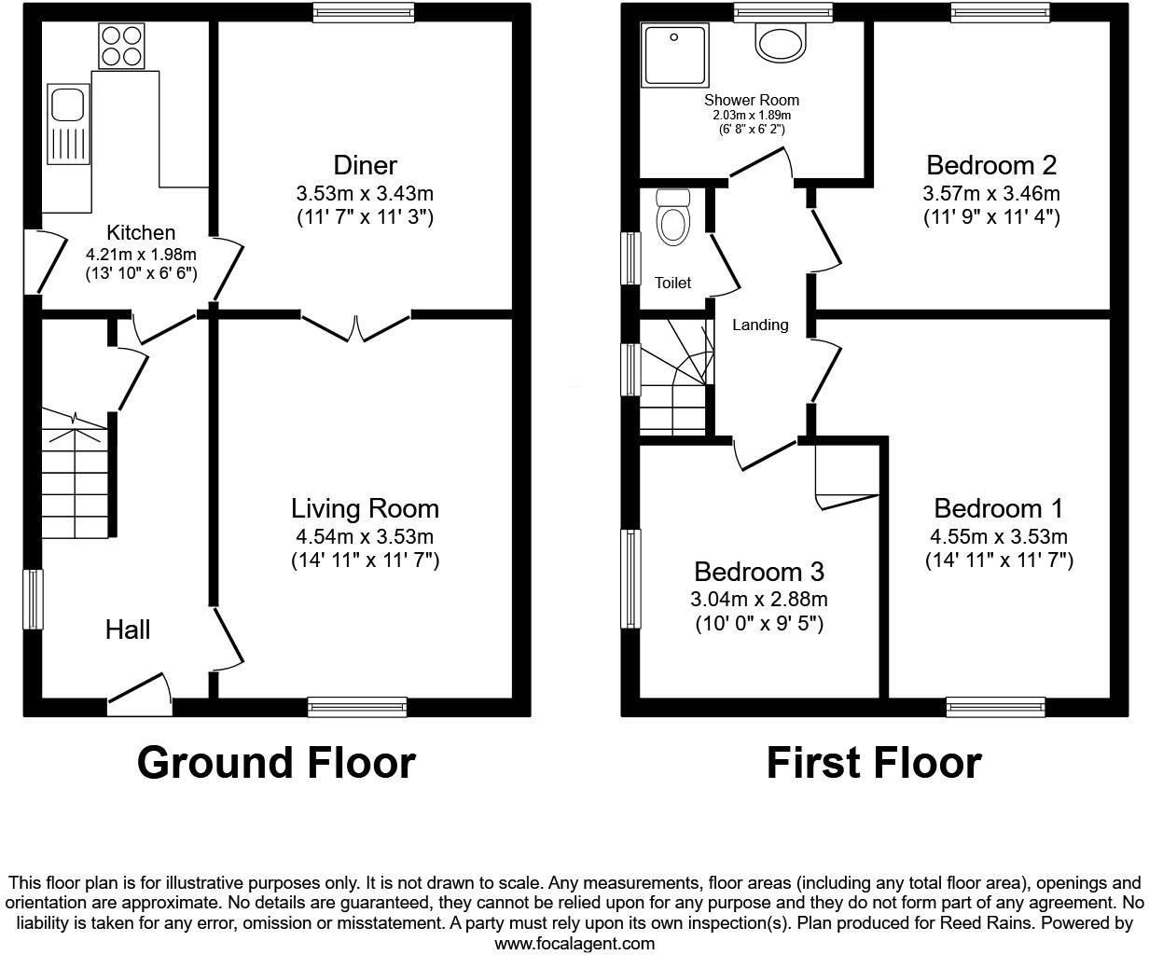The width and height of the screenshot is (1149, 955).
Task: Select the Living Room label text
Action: coord(365,508)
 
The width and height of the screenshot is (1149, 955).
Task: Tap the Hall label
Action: coord(128,630)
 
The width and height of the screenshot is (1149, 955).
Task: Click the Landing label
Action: coord(760,325)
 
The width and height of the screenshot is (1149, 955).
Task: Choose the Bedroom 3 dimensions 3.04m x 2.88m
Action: coord(760,599)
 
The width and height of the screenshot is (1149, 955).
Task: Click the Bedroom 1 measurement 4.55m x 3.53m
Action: coord(999,536)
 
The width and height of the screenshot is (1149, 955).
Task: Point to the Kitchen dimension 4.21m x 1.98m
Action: coord(141,254)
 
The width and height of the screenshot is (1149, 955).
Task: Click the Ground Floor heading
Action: coord(276,762)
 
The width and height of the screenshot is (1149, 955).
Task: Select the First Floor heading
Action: coord(874,762)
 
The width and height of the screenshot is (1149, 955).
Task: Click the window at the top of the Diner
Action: coord(364,12)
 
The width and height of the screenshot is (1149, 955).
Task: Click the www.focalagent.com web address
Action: coord(574,943)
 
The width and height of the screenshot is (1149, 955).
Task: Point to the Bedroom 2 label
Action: coord(991,165)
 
